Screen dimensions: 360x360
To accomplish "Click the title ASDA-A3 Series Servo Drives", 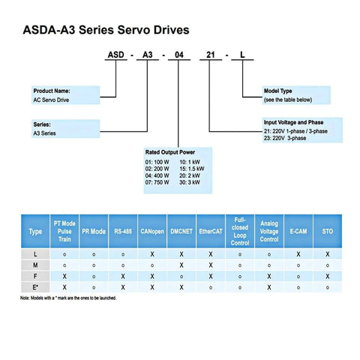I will click(105, 31).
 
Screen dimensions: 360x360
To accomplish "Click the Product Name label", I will click(51, 91).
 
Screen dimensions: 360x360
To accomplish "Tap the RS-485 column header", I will click(122, 232).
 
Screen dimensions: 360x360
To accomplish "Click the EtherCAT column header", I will click(211, 232).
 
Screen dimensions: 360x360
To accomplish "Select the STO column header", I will click(328, 232).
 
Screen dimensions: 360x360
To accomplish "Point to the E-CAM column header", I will click(298, 232).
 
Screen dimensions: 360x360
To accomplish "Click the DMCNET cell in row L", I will click(181, 254).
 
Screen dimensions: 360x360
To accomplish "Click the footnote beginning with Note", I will click(68, 298).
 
